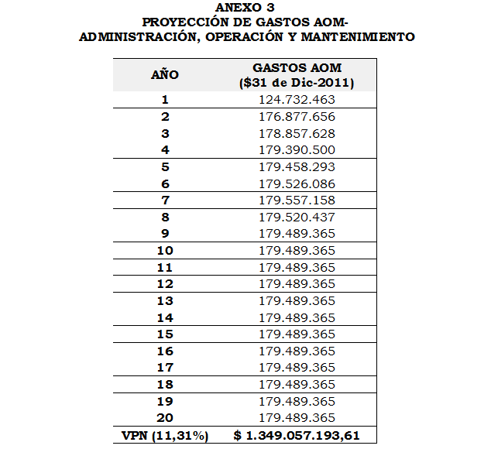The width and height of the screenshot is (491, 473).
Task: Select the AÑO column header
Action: click(x=165, y=75)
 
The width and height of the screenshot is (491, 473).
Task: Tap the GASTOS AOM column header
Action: click(x=297, y=68)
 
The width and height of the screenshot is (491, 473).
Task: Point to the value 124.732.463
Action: click(x=297, y=100)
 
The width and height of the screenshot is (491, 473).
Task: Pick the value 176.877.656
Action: click(x=297, y=117)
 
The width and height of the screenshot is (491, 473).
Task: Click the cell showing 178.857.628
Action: click(x=297, y=133)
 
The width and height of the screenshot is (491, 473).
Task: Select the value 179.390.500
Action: click(x=297, y=149)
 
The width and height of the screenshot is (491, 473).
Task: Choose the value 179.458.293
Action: click(x=297, y=166)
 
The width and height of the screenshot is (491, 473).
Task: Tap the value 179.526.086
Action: click(x=297, y=183)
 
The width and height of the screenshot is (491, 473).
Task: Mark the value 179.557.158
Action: click(x=297, y=200)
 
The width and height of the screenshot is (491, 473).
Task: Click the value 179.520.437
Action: click(x=297, y=217)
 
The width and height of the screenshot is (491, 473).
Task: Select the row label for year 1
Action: click(x=165, y=100)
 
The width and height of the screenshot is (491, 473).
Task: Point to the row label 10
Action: click(x=165, y=250)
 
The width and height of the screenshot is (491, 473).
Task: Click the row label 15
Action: click(x=165, y=334)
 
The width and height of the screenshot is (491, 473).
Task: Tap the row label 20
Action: click(x=165, y=417)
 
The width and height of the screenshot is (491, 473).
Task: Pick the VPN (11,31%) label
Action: click(x=165, y=435)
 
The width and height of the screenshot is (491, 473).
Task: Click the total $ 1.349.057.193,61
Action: click(x=297, y=435)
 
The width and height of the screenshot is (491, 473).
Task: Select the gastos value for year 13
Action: click(x=297, y=300)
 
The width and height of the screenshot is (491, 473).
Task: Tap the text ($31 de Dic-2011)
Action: click(x=297, y=82)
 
